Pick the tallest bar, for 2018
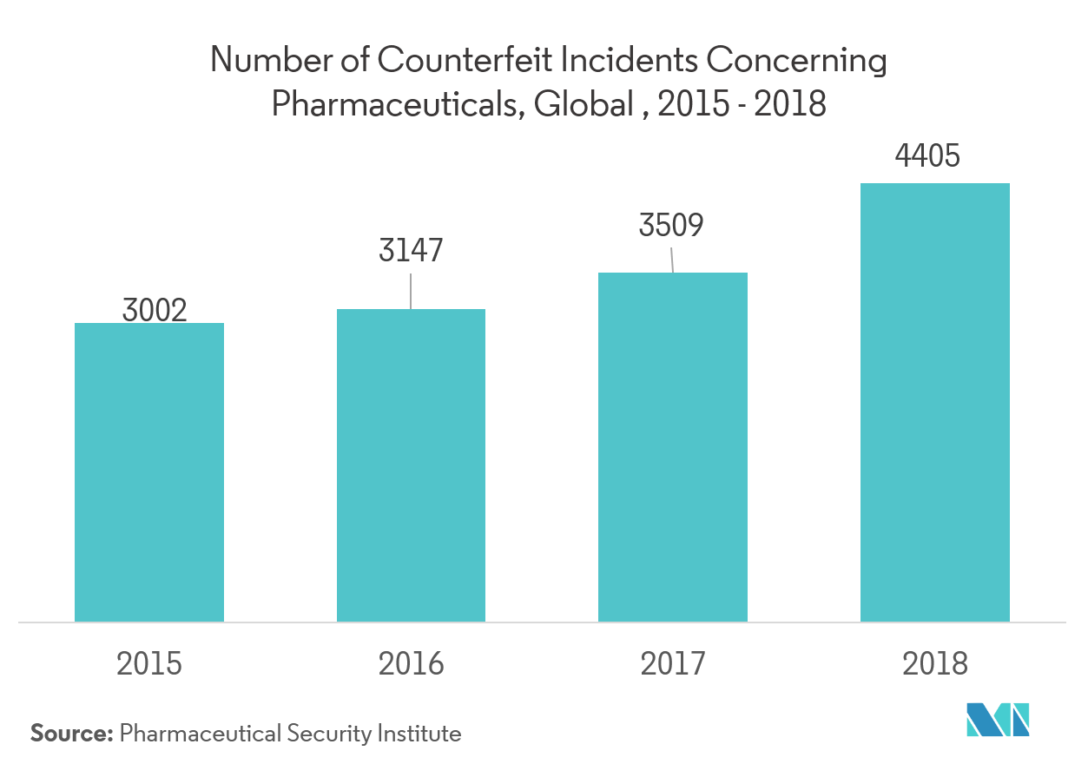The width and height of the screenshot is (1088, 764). [x=935, y=402]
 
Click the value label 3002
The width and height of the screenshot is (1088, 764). [x=155, y=310]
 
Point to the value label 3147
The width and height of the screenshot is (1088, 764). [x=411, y=250]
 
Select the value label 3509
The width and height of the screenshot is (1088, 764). [x=671, y=225]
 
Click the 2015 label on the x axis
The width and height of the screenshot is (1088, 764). [x=149, y=664]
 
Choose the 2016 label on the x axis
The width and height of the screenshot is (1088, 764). [x=411, y=664]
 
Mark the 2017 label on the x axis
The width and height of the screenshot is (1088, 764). [x=673, y=664]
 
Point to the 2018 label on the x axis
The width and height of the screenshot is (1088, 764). [x=935, y=664]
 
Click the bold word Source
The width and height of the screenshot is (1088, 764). [x=71, y=734]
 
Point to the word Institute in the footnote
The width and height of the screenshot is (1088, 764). [x=420, y=734]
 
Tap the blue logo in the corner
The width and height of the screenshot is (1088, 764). [x=998, y=719]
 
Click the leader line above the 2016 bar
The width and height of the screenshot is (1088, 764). [x=411, y=292]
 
